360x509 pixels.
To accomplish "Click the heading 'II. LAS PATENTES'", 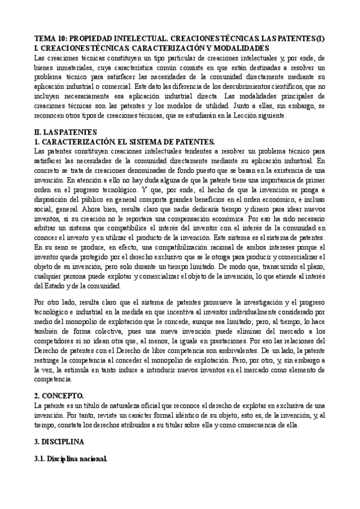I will click(x=64, y=131).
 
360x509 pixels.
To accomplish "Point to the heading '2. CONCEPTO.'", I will click(x=59, y=396).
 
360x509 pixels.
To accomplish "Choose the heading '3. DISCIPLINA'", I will click(x=61, y=442).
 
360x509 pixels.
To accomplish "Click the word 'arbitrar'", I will click(x=49, y=227).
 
